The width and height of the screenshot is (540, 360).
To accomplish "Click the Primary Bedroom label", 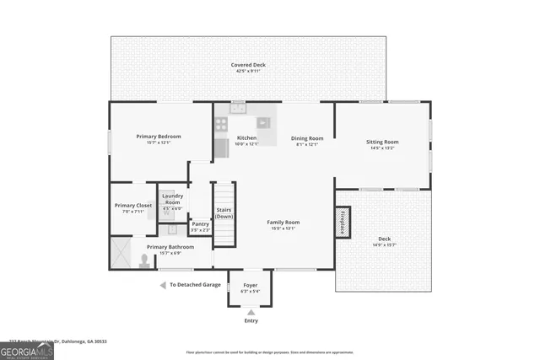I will point(159,137).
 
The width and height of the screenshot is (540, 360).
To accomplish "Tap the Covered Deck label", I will point(247,65).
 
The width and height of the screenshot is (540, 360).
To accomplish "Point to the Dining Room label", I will point(307,138).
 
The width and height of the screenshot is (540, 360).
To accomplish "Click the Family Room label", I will point(283,222).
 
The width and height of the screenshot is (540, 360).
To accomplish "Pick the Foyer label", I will point(251,285).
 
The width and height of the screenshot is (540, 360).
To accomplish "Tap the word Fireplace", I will point(343,223).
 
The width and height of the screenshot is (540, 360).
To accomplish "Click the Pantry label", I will point(200,223).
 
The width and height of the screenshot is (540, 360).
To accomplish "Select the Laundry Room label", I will point(172,199).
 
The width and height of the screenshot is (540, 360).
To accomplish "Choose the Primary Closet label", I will point(132,205).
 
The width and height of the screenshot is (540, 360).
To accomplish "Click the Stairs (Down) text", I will point(224,212).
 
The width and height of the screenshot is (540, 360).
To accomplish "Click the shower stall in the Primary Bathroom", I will point(121,254).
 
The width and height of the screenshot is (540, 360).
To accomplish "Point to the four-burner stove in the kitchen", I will point(221,125).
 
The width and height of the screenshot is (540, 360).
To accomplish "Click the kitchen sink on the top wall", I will point(238,107).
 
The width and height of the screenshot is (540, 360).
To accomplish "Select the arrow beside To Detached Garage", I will point(163,285).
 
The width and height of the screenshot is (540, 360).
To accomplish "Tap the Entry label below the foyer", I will point(251,320).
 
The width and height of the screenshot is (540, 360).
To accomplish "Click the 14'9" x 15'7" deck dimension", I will point(384,245).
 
